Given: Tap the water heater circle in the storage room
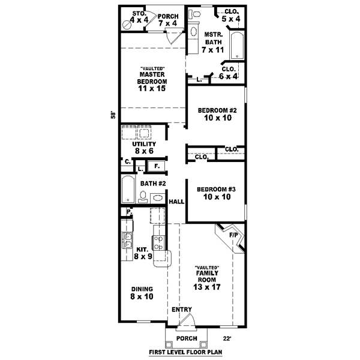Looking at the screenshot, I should coord(127,25).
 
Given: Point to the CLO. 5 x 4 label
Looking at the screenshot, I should coord(230,15).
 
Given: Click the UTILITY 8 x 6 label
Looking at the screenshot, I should coord(145,148).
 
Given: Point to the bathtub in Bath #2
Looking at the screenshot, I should coord(128,190).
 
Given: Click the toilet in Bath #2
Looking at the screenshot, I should coord(143,196).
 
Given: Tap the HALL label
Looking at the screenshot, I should coord(176,202).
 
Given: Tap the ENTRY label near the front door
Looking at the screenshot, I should coord(182,310).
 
